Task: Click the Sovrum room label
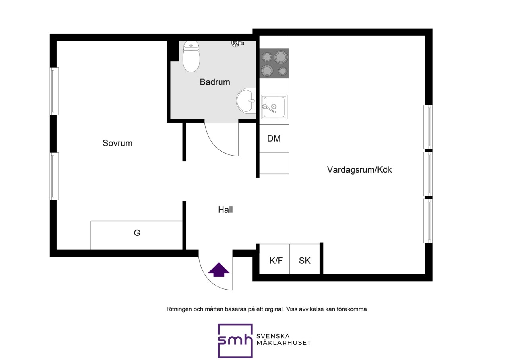(117, 143)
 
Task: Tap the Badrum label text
(215, 82)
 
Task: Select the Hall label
(225, 210)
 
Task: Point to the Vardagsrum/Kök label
(359, 170)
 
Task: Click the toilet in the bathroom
(191, 56)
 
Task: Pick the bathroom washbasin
(246, 101)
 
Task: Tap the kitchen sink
(274, 107)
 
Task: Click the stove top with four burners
(274, 63)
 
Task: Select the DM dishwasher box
(274, 138)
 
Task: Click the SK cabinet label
(305, 261)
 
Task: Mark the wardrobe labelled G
(136, 235)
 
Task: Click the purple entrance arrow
(219, 270)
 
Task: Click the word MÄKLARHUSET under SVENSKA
(284, 343)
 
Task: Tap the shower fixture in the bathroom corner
(237, 43)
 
